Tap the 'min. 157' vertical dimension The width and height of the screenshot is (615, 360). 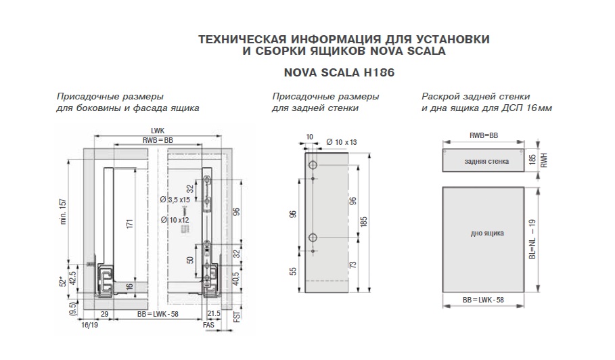tap(62, 211)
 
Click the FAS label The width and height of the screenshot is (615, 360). tap(208, 325)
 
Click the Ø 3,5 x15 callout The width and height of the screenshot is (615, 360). tap(174, 200)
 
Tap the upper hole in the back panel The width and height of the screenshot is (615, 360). tap(313, 166)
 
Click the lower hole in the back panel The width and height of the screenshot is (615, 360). tap(313, 237)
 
